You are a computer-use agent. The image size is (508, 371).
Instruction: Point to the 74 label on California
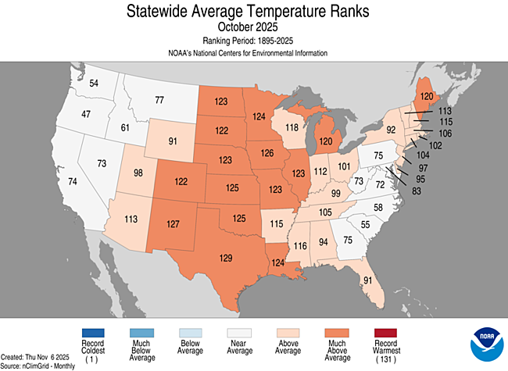pos(51,181)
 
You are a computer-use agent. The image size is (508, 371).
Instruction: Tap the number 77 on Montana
pos(159,100)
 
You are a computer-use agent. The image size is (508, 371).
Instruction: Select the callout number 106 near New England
pos(445,133)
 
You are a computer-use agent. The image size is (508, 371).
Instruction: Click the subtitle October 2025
pos(254,28)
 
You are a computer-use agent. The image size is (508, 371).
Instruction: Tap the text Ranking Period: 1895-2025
pos(254,41)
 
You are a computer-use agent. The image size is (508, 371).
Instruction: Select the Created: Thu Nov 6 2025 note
pos(36,356)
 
